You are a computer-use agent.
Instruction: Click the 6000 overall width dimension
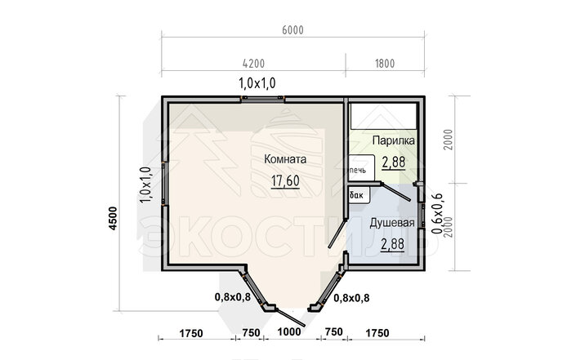292,30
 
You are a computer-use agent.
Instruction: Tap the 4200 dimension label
253,64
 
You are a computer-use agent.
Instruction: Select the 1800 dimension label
385,64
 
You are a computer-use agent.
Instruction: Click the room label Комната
285,159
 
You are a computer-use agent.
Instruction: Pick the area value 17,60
285,180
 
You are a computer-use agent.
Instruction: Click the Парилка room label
394,140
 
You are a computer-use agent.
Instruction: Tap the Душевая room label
392,223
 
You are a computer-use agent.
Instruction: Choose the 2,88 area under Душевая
392,244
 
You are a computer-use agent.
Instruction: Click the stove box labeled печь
361,167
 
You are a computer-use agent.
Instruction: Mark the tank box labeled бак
359,195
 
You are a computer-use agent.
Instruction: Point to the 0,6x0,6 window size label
437,214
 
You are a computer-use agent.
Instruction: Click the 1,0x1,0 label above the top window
257,83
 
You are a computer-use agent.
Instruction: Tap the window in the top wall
263,98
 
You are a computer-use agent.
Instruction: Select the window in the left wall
164,183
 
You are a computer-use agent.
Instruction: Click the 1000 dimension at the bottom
289,332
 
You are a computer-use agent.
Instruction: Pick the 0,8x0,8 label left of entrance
233,297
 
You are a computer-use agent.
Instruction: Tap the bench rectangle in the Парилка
383,116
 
